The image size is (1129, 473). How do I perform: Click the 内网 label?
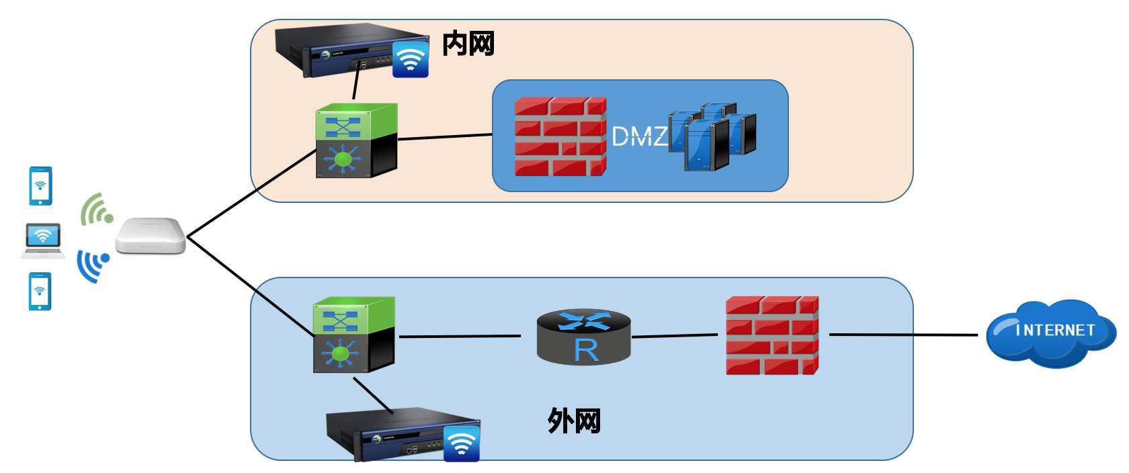[468, 44]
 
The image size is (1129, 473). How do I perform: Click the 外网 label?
[573, 421]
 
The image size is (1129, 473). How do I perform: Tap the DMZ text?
[639, 136]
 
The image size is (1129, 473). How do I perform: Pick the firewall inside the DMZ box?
[560, 136]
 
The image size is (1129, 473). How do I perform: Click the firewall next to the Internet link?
[772, 335]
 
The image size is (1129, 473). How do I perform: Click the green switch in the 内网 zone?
[356, 140]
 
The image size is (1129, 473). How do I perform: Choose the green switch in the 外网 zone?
[353, 335]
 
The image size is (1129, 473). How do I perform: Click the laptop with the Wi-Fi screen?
[43, 241]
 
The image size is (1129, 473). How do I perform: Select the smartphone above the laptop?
[40, 185]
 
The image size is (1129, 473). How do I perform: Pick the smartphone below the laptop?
[40, 291]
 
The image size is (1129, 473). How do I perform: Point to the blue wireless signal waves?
[93, 265]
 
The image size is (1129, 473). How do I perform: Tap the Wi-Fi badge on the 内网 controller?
[410, 59]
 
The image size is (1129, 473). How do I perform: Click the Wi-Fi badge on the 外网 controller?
[462, 443]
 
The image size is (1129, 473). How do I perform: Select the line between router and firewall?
[675, 335]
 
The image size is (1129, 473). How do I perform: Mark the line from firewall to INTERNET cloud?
[903, 334]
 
